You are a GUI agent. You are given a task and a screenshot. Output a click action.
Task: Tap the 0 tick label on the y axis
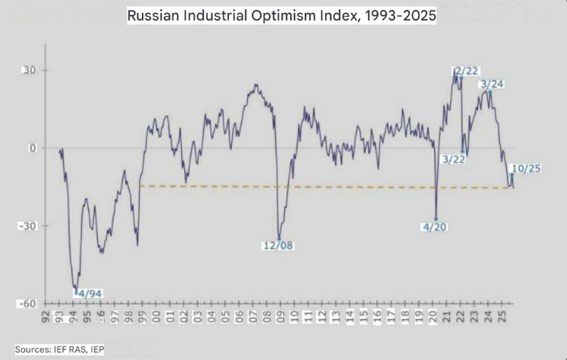33,148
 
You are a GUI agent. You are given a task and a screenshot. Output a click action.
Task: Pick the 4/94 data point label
90,293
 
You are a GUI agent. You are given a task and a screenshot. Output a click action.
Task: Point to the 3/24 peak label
493,84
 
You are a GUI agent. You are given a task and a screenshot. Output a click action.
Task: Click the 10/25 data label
526,168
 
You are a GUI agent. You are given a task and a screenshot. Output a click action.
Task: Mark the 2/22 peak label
466,70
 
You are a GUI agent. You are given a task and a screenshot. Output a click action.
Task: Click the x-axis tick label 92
46,316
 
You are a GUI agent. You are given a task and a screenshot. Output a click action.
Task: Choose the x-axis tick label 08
265,316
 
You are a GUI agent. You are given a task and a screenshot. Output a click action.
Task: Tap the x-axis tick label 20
434,316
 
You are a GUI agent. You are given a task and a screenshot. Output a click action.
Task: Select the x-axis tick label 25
502,316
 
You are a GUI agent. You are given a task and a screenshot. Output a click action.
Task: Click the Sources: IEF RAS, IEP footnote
59,349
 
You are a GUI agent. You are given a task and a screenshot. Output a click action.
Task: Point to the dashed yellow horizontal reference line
321,187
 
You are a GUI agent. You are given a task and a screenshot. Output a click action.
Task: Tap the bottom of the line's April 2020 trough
436,219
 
